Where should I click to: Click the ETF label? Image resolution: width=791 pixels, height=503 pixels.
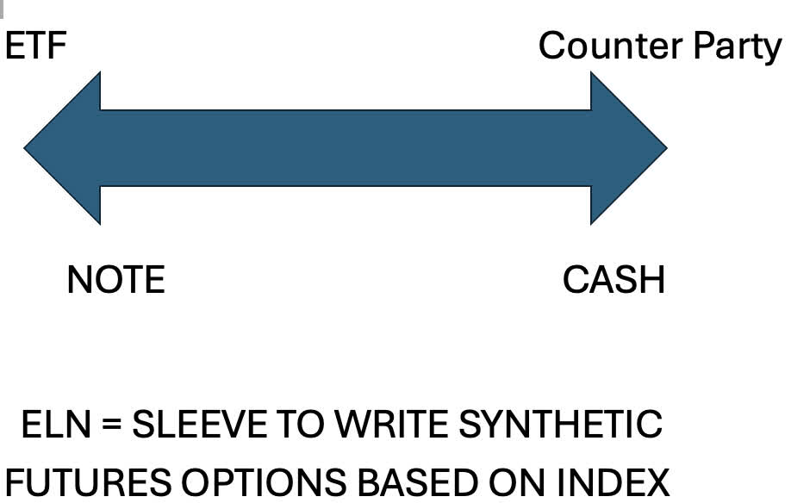pos(36,46)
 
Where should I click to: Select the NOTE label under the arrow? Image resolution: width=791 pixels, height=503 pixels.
pos(116,280)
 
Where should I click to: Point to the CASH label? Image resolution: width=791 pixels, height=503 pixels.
pos(614,280)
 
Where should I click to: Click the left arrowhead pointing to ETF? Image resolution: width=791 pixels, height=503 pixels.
pos(62,148)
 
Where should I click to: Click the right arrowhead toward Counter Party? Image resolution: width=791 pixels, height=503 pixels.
pos(629,148)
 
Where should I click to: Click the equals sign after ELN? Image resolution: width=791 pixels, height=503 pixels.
pos(111,425)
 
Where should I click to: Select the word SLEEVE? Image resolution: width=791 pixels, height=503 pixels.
pos(199,425)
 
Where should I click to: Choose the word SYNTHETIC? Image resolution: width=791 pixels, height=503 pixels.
pos(560,425)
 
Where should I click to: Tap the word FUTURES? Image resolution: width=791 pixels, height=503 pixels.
pos(89,482)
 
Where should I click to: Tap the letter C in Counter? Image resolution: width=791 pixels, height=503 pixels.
pos(551,46)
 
